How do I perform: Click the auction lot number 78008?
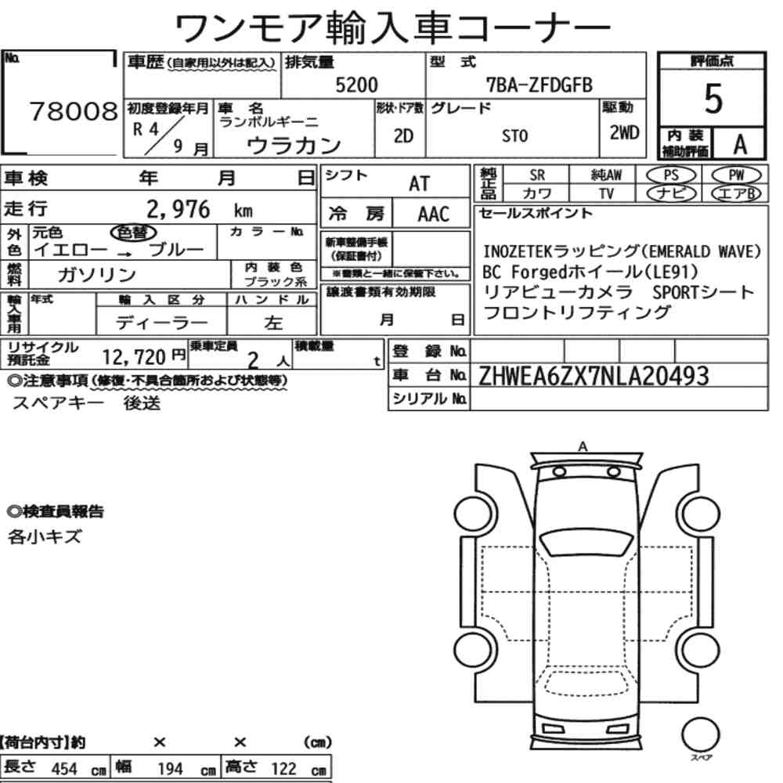click(x=74, y=111)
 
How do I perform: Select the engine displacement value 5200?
click(x=356, y=85)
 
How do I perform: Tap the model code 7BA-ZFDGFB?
click(x=539, y=85)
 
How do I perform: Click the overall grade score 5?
click(x=713, y=99)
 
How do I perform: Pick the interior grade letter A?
click(x=740, y=145)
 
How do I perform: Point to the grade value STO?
click(x=514, y=135)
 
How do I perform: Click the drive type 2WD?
click(x=624, y=132)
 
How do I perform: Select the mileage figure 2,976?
click(x=179, y=209)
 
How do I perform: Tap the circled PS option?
click(x=671, y=175)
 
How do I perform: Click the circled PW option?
click(x=736, y=175)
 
